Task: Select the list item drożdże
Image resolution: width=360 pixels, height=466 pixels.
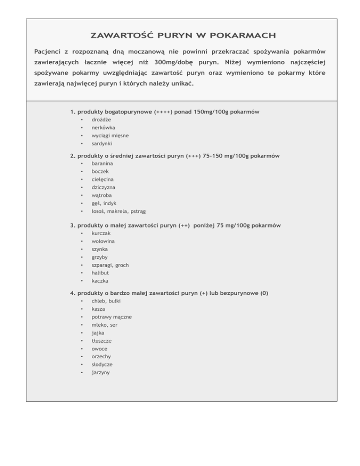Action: (x=101, y=120)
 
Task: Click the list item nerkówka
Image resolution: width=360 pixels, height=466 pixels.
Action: (x=104, y=128)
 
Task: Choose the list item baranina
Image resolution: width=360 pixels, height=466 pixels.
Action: (x=103, y=163)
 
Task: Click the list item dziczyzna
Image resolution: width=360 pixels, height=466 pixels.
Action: (x=104, y=187)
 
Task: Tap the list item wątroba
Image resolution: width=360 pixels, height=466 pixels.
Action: (x=102, y=195)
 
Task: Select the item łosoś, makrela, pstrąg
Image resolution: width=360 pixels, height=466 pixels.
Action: (x=119, y=211)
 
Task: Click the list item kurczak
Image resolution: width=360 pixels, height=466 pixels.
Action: (x=101, y=233)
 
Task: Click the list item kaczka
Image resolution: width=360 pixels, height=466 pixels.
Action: (x=100, y=281)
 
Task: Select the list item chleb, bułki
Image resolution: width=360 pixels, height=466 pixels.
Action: (x=105, y=301)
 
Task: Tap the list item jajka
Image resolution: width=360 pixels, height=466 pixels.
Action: (x=98, y=333)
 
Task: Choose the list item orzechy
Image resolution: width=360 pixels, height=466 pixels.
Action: (x=102, y=356)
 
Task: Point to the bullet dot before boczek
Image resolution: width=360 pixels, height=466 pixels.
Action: (x=82, y=172)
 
